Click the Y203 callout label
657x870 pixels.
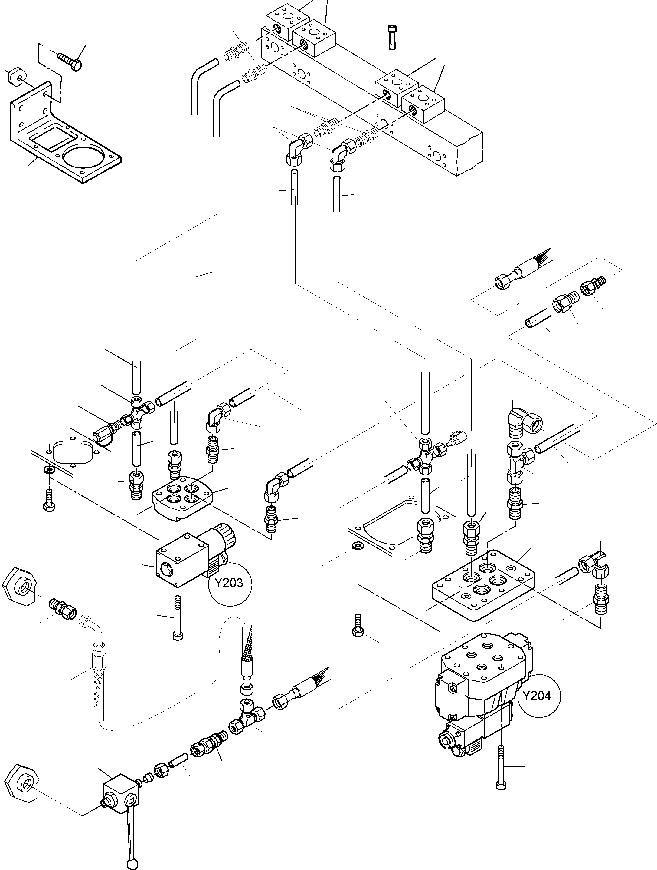(229, 583)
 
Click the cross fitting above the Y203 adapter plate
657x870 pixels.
(138, 412)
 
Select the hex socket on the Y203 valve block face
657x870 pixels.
(165, 567)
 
